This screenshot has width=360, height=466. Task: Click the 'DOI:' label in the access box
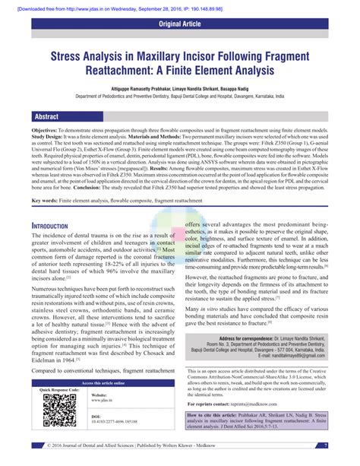(x=97, y=417)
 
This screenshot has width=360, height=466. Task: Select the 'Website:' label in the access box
(x=100, y=395)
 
